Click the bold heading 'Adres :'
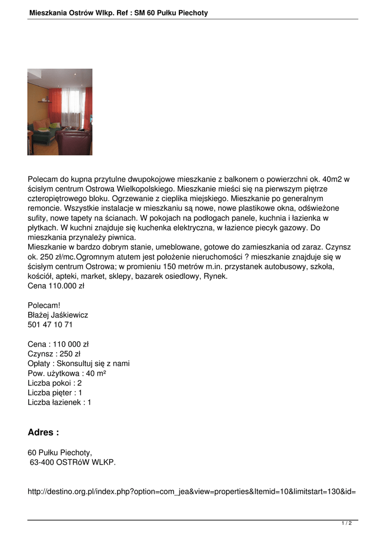tap(43, 433)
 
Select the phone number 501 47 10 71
tap(50, 325)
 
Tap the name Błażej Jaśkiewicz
tap(58, 315)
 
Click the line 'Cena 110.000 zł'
tap(56, 286)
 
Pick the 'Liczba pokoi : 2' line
tap(55, 383)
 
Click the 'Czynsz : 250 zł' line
tap(54, 354)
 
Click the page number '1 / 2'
tap(347, 524)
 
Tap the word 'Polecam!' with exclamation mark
tap(44, 305)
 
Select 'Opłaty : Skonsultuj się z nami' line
tap(79, 364)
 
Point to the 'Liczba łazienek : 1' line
tap(60, 402)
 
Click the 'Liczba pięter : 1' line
tap(55, 393)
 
